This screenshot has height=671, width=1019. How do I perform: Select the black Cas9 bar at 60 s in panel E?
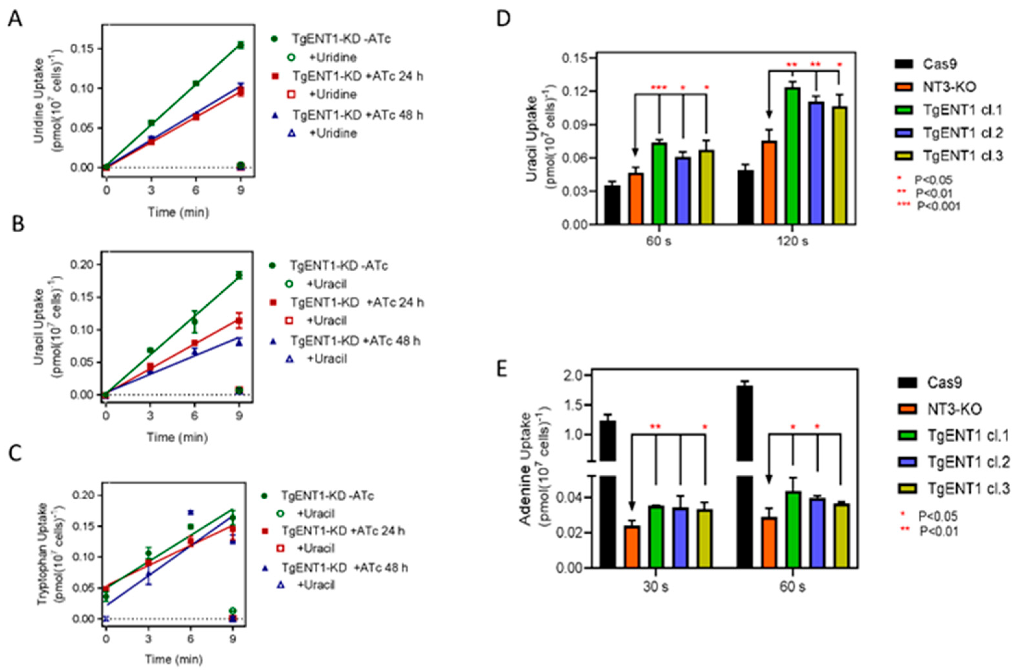point(744,471)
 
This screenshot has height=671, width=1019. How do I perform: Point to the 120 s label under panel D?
point(793,241)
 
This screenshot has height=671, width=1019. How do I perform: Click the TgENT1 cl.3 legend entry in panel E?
point(968,488)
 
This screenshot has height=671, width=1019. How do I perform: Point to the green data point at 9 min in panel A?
point(240,45)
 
